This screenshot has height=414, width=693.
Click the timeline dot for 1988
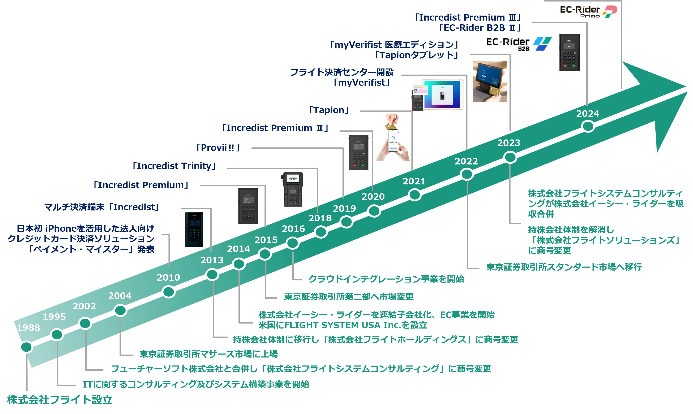pos(26,347)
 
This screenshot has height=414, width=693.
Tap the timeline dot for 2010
pos(168,292)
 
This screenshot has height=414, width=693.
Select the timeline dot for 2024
pos(588,126)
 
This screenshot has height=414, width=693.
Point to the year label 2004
pos(120,296)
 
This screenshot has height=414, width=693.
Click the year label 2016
pos(293,229)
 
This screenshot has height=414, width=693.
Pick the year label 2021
pos(414,181)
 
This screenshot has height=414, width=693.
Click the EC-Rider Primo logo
pos(588,12)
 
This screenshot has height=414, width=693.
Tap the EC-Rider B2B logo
pos(519,44)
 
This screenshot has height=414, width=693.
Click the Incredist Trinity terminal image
pos(292,189)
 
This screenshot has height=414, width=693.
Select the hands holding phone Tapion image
pos(393,137)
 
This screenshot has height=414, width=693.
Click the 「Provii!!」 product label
pos(218,148)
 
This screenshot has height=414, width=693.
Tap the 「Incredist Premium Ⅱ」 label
pos(275,128)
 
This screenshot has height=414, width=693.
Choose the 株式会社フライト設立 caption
pos(60,400)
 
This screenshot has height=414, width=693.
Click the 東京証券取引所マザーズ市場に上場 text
pos(209,354)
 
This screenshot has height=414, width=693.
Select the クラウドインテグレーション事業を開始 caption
pos(386,279)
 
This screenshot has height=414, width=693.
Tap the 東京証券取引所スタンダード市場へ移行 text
pos(564,267)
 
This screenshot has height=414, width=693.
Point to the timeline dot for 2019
pos(346,222)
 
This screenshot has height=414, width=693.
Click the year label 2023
pos(509,143)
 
